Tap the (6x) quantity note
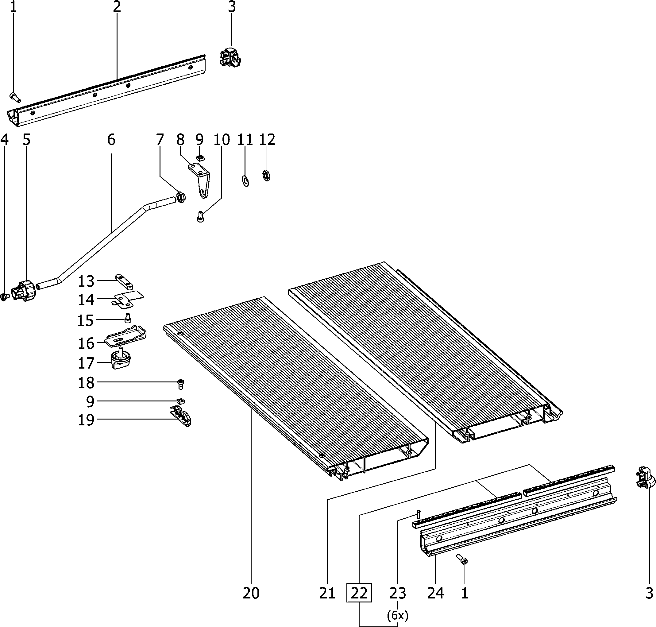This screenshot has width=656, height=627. pyautogui.click(x=398, y=615)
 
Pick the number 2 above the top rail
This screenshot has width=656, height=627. pyautogui.click(x=116, y=7)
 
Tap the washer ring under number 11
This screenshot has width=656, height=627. pyautogui.click(x=245, y=180)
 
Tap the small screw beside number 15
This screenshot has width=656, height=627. pyautogui.click(x=128, y=318)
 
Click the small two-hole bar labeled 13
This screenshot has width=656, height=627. pyautogui.click(x=124, y=281)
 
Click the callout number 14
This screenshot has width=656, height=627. pyautogui.click(x=86, y=300)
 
